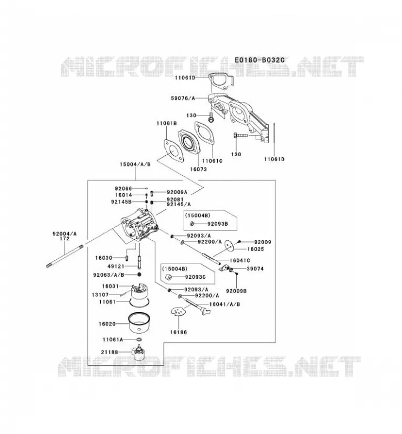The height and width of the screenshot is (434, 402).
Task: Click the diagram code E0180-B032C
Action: (x=260, y=60)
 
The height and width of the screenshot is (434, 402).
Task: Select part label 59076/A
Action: (x=183, y=98)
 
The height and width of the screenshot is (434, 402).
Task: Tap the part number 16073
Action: (x=198, y=169)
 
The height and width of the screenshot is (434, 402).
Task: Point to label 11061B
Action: (x=166, y=123)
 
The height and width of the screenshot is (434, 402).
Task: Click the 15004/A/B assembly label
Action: (x=135, y=164)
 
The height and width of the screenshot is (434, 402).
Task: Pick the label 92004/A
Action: (x=64, y=234)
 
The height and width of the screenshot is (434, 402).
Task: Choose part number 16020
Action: (x=107, y=323)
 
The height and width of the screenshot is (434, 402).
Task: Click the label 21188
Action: (x=109, y=352)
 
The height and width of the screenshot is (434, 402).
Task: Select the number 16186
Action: (x=178, y=332)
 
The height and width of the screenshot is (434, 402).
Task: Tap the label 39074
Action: (x=255, y=269)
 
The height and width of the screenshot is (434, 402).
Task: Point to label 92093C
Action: (x=195, y=277)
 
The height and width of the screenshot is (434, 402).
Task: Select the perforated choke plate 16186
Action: (x=178, y=311)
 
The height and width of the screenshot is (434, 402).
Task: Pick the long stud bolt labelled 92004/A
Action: (x=64, y=256)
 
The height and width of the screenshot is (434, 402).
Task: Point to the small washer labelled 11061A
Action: (x=139, y=340)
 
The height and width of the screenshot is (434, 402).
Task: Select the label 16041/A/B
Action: (x=224, y=304)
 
